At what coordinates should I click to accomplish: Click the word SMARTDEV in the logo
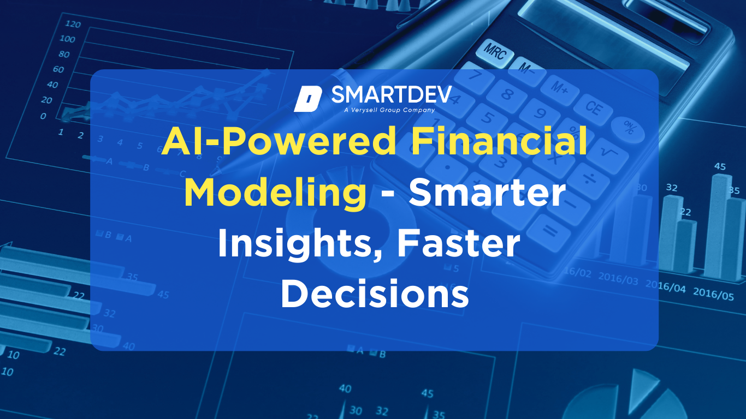[x=391, y=95]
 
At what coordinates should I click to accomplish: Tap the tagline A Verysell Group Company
[x=389, y=110]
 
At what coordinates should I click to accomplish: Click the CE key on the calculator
[x=593, y=107]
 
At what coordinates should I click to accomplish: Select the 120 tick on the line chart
[x=73, y=24]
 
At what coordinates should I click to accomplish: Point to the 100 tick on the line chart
[x=68, y=39]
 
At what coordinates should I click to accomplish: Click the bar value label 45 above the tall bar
[x=720, y=166]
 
